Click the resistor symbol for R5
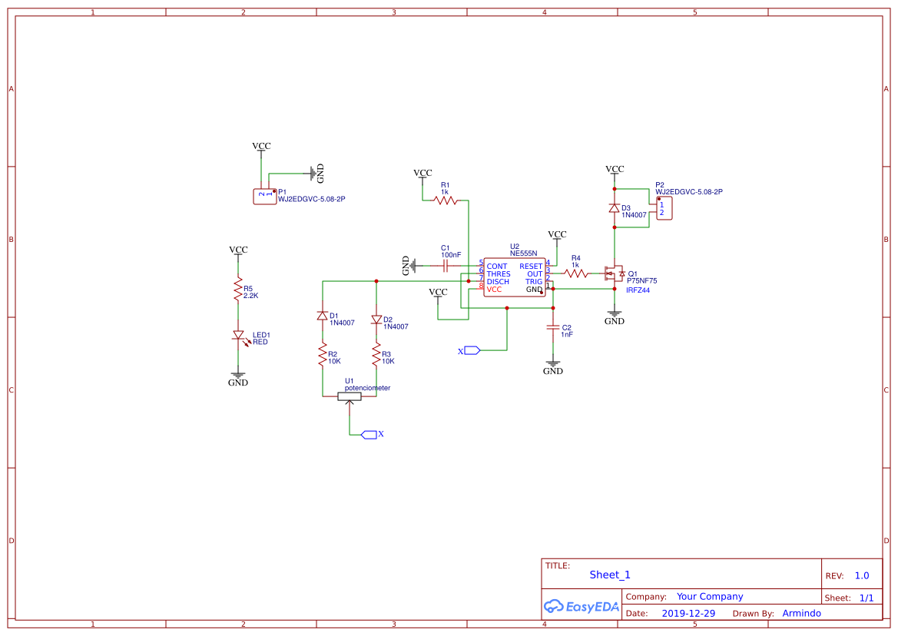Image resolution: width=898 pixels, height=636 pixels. (x=238, y=290)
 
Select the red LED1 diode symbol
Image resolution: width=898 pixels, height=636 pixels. (x=238, y=336)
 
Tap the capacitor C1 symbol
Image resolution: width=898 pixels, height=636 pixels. (x=446, y=266)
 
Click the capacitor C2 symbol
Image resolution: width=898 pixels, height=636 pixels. (x=552, y=328)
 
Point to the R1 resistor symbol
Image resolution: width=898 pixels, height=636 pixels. (x=446, y=200)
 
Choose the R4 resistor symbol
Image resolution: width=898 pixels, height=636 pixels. (x=576, y=273)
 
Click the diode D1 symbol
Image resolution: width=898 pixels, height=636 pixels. (x=322, y=316)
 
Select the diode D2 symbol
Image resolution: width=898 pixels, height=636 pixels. (x=376, y=320)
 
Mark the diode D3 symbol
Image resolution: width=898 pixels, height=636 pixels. (x=614, y=208)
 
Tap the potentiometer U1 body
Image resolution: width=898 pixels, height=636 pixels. (x=350, y=396)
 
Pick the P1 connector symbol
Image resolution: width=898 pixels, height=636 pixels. (x=264, y=197)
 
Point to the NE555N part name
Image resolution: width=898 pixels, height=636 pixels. (x=524, y=253)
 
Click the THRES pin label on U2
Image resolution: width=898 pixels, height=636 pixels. (x=499, y=274)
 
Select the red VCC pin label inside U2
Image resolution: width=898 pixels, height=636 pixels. (x=494, y=290)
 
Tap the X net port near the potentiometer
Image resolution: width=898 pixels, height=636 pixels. (x=369, y=435)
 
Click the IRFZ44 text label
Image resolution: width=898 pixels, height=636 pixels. (x=638, y=290)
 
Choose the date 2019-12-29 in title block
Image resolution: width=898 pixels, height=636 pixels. (x=688, y=614)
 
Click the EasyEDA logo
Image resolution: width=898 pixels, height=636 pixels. (x=581, y=607)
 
